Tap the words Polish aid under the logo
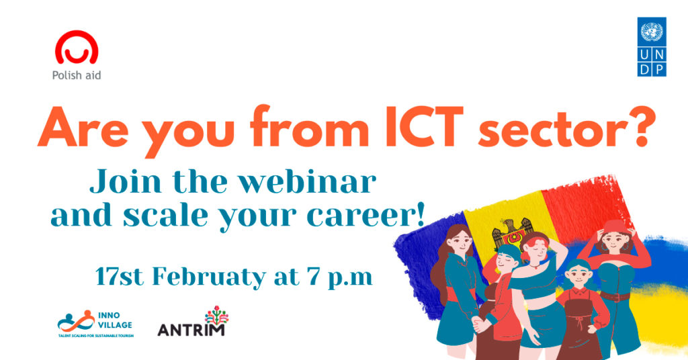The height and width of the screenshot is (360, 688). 77,75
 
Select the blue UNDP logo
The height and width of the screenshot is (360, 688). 652,47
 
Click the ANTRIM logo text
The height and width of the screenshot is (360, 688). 191,330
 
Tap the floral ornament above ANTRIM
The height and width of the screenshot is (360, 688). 217,315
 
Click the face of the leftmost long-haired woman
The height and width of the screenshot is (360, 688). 459,240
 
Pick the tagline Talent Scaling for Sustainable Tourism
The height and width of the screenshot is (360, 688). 95,336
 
